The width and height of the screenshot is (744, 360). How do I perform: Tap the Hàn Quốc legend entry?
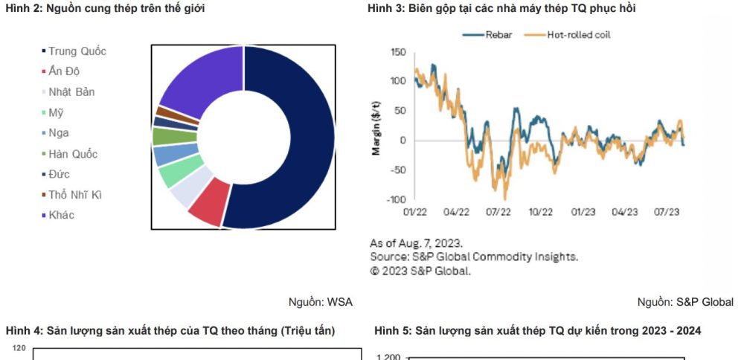[72, 154]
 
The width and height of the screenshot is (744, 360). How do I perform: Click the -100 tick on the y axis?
[396, 199]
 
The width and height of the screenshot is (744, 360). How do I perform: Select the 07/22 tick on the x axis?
[498, 212]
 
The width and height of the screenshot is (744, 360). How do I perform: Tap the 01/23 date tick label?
[583, 212]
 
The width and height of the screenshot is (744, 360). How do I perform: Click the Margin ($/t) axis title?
[376, 126]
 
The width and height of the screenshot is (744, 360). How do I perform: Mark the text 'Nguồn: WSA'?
[321, 302]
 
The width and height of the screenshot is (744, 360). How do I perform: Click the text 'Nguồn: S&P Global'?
[685, 302]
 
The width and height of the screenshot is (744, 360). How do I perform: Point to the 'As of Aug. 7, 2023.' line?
[417, 243]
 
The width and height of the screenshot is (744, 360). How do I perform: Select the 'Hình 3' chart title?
[501, 8]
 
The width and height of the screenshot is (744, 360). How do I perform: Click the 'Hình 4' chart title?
[170, 330]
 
